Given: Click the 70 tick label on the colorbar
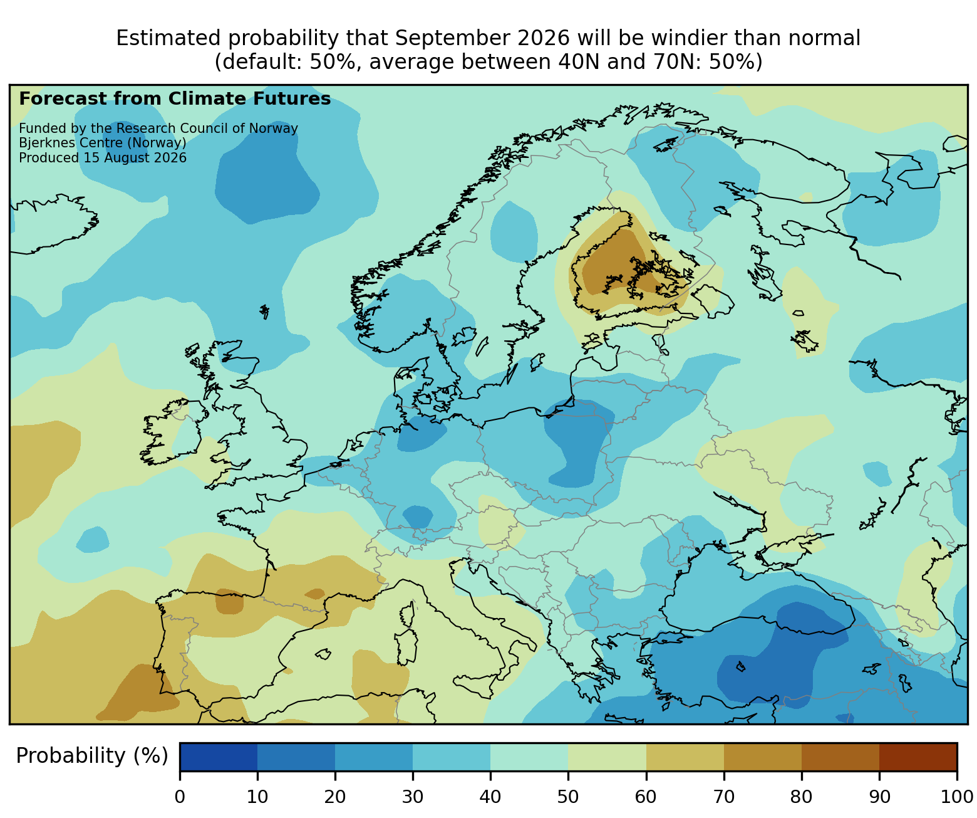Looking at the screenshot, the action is (x=723, y=797).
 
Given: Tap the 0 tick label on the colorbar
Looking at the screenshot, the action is (x=180, y=797).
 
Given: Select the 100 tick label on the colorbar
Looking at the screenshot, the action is (x=956, y=797).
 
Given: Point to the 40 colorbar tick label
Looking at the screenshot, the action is (x=490, y=797).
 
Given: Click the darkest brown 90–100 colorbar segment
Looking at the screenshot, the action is (x=918, y=757).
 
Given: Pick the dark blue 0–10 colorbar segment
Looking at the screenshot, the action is (x=219, y=757).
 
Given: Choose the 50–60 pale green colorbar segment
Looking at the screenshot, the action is (x=607, y=757).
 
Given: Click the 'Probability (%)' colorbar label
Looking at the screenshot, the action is (x=92, y=756).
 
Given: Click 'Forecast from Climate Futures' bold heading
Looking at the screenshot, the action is (x=175, y=99).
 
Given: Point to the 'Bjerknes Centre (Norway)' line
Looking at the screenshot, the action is (x=103, y=143).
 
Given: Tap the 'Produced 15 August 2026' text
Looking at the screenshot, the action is (x=103, y=158).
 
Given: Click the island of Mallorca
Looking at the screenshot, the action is (x=323, y=654).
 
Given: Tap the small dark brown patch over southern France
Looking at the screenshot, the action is (x=316, y=594).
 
